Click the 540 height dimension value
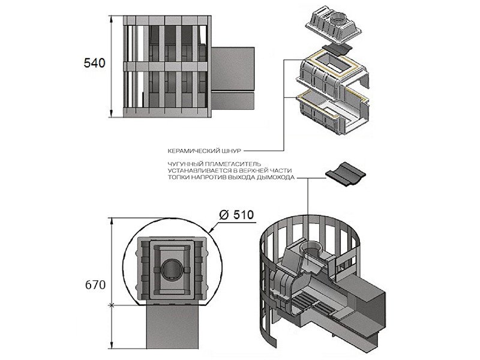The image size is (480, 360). tap(95, 63)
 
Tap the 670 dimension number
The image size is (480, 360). tap(95, 284)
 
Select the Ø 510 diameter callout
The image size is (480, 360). tap(236, 215)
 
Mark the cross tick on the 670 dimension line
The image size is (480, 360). tap(112, 305)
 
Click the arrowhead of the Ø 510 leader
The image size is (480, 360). tap(209, 232)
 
